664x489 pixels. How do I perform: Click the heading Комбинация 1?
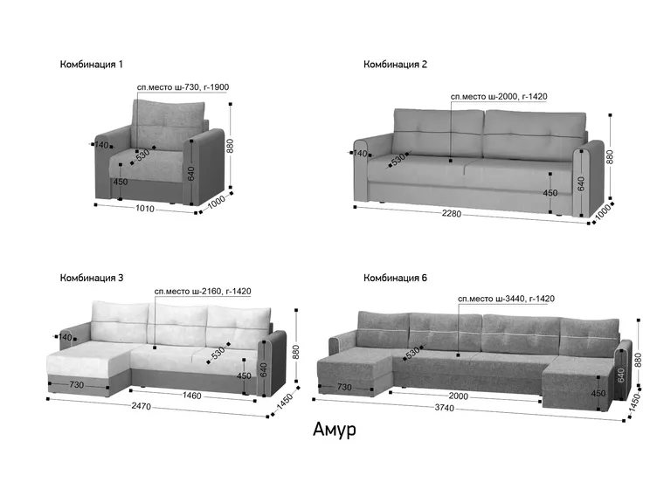(91, 65)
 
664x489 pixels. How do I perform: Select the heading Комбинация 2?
(395, 65)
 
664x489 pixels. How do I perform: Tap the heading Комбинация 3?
(92, 279)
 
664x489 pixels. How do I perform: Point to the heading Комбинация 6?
(395, 279)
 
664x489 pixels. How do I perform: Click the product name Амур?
(334, 430)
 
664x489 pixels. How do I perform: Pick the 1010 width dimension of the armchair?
(145, 209)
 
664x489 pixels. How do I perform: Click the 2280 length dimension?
(452, 214)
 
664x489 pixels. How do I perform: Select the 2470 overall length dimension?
(141, 406)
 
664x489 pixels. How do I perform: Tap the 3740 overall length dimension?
(444, 408)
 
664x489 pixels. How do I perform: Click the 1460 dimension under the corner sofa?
(192, 396)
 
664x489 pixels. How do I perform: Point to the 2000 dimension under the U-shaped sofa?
(458, 396)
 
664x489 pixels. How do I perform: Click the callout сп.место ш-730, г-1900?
(183, 87)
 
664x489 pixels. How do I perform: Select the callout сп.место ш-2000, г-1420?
(499, 97)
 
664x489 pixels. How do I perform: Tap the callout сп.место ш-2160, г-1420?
(203, 292)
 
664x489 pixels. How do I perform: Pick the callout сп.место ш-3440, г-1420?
(506, 299)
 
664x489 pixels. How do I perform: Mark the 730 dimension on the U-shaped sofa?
(344, 387)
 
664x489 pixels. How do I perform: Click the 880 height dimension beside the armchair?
(230, 146)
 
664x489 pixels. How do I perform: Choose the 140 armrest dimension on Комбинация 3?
(65, 337)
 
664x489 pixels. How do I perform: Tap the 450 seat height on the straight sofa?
(550, 193)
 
